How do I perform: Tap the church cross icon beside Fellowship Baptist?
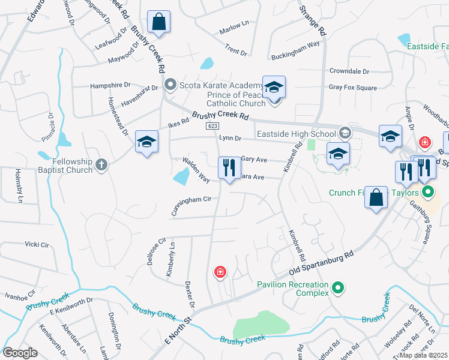[102, 163]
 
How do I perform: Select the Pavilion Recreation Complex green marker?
[338, 288]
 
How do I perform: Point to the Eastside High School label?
[296, 133]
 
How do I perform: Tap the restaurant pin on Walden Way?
[229, 168]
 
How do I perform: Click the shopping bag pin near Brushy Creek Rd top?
[158, 23]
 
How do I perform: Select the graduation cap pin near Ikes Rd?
[146, 142]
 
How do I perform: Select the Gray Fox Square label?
[352, 88]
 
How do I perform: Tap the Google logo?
[20, 353]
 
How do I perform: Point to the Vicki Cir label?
[35, 245]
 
